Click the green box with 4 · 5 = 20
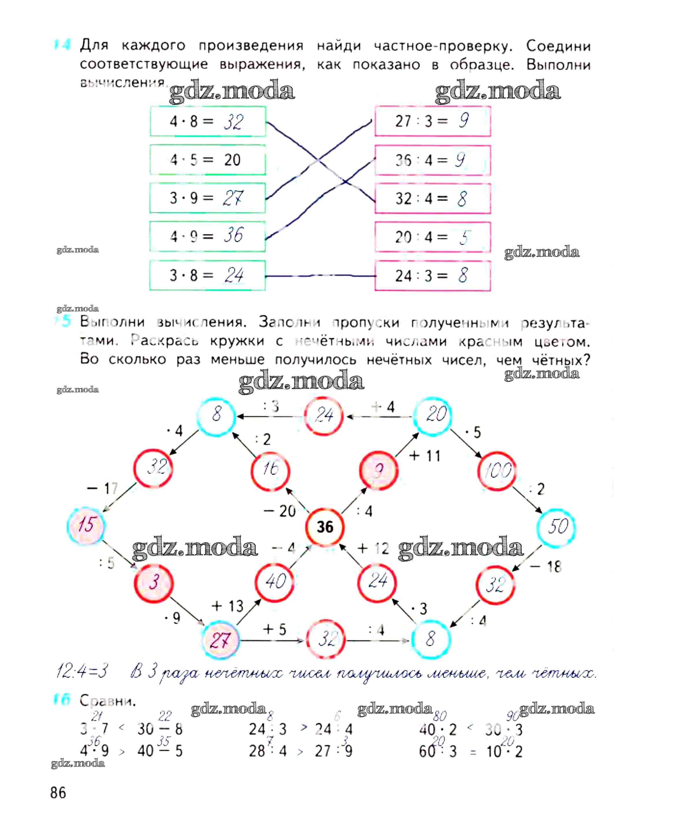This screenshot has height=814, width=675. point(208,160)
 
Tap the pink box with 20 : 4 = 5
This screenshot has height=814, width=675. point(432,237)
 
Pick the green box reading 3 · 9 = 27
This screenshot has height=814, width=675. point(208,198)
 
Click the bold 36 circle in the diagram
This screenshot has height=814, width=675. point(325,526)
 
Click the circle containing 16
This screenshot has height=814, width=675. point(270,470)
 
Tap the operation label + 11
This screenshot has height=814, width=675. point(425,456)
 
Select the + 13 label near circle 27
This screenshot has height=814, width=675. point(228,606)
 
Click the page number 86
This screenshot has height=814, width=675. point(58,793)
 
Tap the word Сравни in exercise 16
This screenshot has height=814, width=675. point(108,700)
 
